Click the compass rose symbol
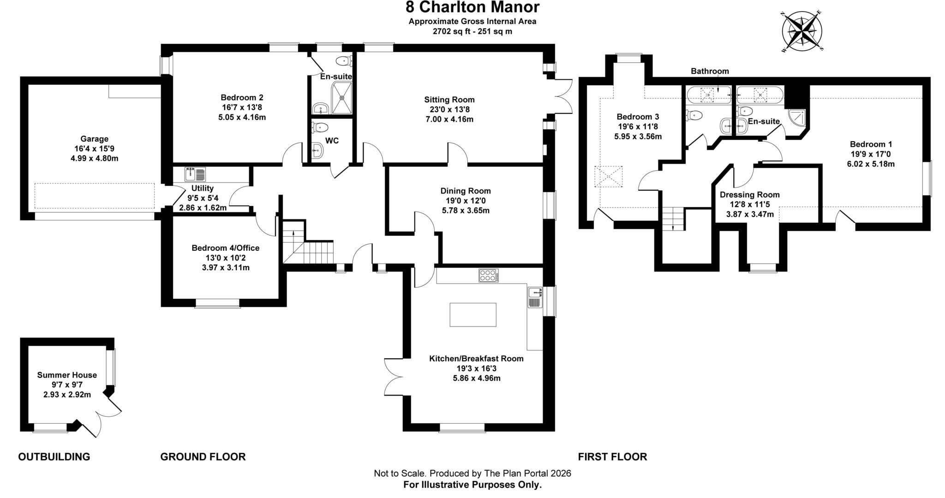pyautogui.click(x=802, y=31)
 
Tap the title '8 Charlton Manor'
pyautogui.click(x=472, y=7)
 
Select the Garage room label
pyautogui.click(x=94, y=139)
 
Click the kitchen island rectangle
pyautogui.click(x=473, y=314)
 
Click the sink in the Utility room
pyautogui.click(x=195, y=174)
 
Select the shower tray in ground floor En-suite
pyautogui.click(x=342, y=97)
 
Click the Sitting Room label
pyautogui.click(x=449, y=100)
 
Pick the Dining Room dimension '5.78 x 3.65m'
pyautogui.click(x=466, y=211)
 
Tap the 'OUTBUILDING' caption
pyautogui.click(x=54, y=457)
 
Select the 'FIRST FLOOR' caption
pyautogui.click(x=613, y=457)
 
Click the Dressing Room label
pyautogui.click(x=750, y=195)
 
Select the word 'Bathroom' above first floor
pyautogui.click(x=710, y=71)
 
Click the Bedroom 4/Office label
pyautogui.click(x=226, y=248)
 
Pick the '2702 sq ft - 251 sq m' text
pyautogui.click(x=472, y=31)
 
